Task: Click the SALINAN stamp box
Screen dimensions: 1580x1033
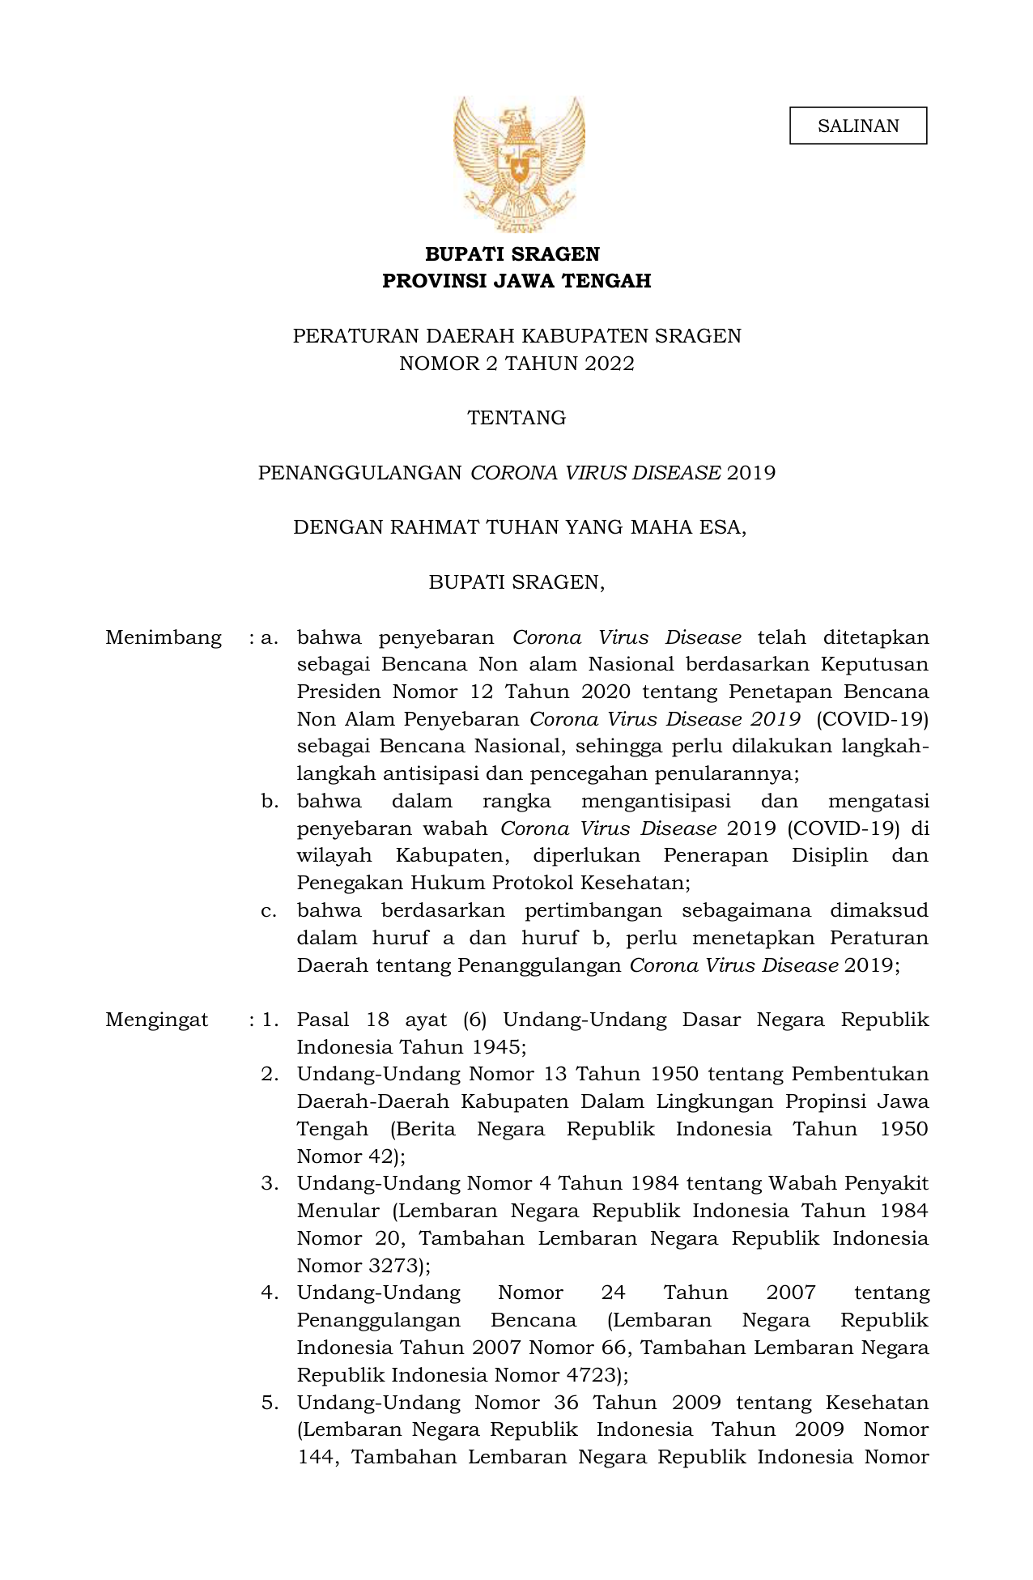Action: point(857,126)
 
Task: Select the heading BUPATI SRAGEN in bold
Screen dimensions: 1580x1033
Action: point(512,254)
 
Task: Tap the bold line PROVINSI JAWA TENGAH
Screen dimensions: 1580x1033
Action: point(516,281)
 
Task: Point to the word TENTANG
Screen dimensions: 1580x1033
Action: point(516,418)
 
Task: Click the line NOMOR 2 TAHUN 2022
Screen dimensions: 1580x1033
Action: point(516,364)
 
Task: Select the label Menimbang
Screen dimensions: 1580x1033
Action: point(164,638)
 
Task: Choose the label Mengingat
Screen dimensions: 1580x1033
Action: point(157,1020)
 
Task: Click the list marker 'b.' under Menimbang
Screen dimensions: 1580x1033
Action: point(270,802)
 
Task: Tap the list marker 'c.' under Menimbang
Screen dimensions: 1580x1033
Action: point(270,911)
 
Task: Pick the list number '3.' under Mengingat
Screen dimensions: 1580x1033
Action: point(270,1184)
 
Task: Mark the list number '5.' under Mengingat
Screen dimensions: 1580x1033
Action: point(270,1403)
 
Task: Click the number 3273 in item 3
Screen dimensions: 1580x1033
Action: point(393,1266)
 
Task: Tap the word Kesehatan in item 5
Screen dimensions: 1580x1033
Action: point(877,1403)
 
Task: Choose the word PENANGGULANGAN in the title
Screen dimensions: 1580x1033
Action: point(359,473)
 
